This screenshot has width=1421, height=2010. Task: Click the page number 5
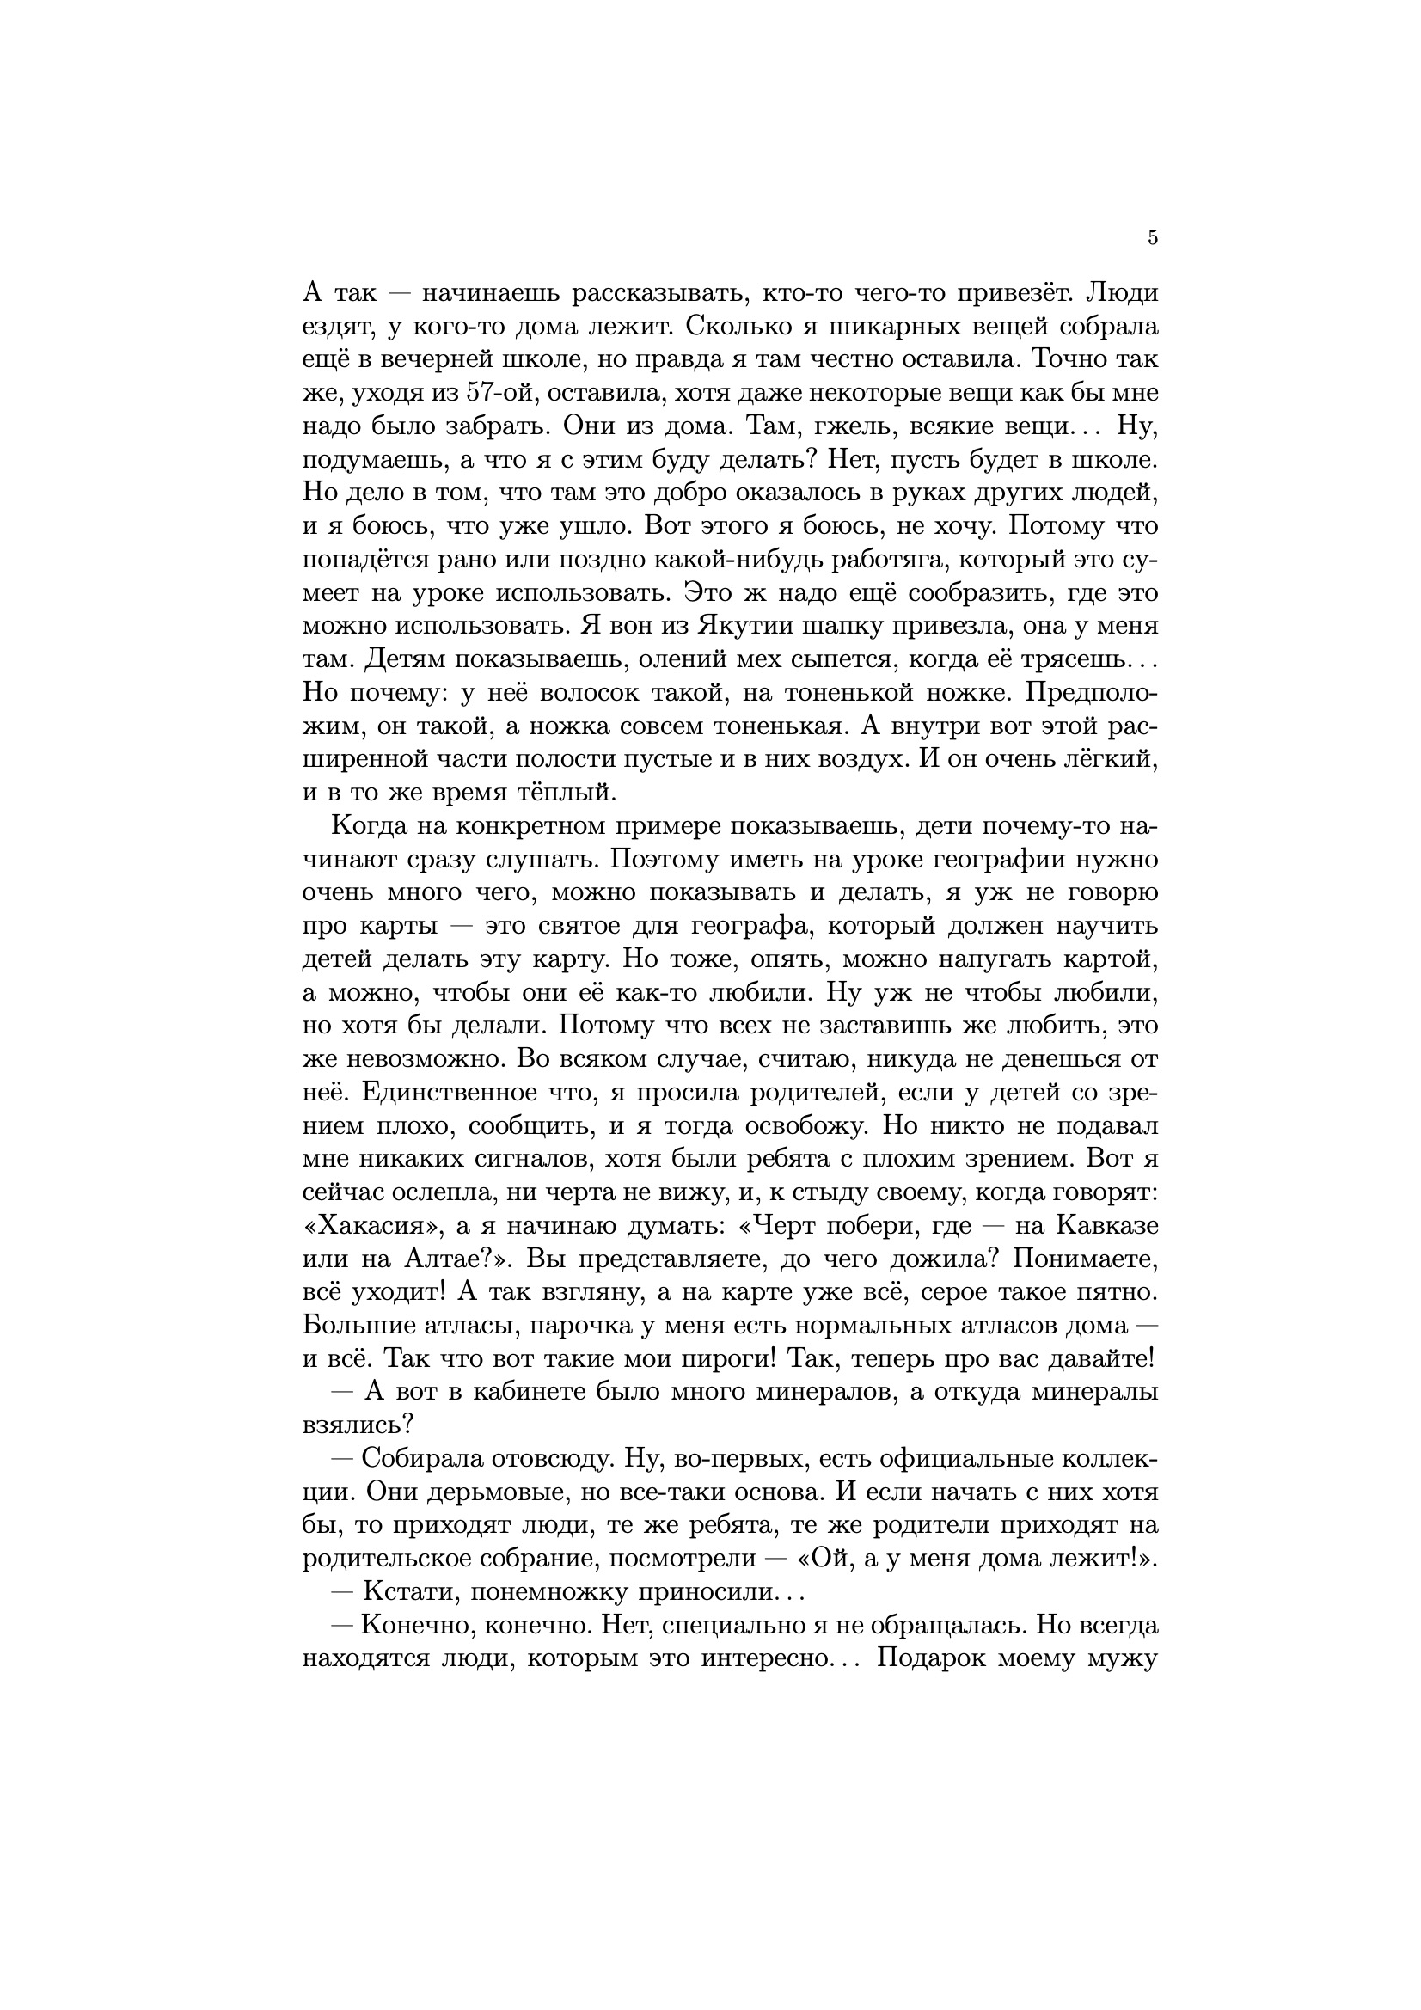(1152, 237)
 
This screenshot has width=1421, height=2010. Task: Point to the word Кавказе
(1107, 1225)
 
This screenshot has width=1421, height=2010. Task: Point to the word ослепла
(416, 1192)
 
